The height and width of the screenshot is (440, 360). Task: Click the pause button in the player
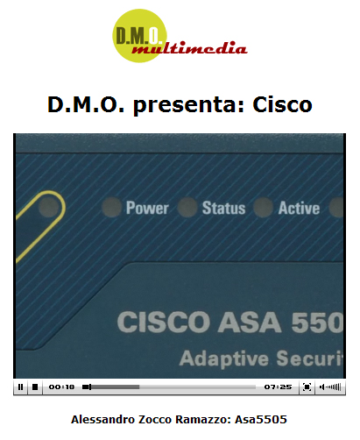click(20, 387)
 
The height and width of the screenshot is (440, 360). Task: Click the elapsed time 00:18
click(61, 387)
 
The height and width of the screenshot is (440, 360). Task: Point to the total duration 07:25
click(278, 387)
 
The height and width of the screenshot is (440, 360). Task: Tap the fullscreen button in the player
click(307, 387)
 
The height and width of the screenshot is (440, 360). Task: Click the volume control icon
click(330, 387)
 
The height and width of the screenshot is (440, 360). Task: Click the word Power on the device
click(147, 208)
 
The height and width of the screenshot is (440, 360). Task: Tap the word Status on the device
click(223, 208)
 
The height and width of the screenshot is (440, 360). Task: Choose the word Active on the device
click(299, 208)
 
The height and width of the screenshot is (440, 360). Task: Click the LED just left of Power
click(111, 207)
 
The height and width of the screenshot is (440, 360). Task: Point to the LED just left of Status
click(187, 207)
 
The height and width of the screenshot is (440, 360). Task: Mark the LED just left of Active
click(263, 207)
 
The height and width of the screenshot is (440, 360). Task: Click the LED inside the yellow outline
click(49, 207)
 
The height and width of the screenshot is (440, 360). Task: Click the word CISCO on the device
click(163, 322)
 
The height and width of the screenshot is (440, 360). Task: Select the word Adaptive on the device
click(224, 358)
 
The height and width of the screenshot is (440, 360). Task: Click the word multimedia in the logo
click(189, 48)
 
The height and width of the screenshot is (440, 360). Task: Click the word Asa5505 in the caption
click(261, 420)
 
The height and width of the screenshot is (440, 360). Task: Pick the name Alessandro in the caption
click(102, 420)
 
